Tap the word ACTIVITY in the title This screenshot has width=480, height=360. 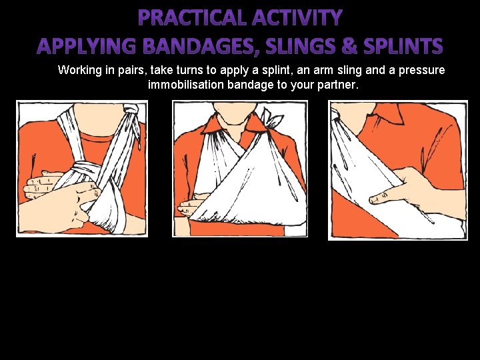coord(297,17)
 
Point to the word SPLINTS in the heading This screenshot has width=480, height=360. coord(403,46)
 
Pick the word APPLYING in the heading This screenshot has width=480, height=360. coord(86,46)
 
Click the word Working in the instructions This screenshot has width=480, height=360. coord(79,71)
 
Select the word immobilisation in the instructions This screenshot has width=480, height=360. coord(186,85)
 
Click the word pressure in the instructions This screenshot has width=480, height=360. coord(421,71)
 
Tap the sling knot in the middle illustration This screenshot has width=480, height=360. coord(272,120)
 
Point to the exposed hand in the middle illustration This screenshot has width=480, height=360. coord(191,205)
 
